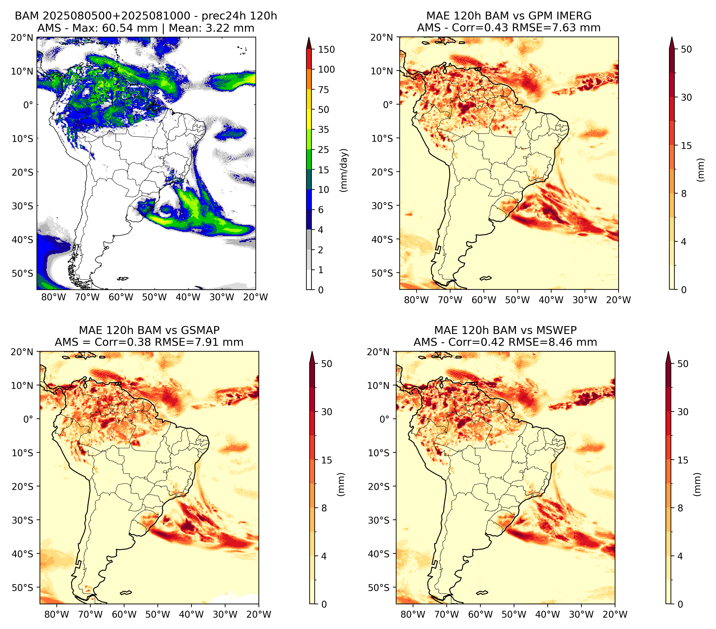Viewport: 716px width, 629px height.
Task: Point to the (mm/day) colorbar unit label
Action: pyautogui.click(x=344, y=170)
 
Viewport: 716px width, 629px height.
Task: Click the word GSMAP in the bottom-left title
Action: pyautogui.click(x=200, y=330)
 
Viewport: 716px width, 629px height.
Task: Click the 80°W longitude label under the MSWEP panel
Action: pyautogui.click(x=413, y=614)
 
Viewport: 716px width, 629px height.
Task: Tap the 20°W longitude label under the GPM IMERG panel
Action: pyautogui.click(x=618, y=300)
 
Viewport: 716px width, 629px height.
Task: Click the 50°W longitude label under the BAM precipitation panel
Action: pyautogui.click(x=154, y=297)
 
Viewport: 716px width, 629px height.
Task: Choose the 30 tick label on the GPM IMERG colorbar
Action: pyautogui.click(x=686, y=97)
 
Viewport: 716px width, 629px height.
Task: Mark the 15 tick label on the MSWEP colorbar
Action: pyautogui.click(x=683, y=460)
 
